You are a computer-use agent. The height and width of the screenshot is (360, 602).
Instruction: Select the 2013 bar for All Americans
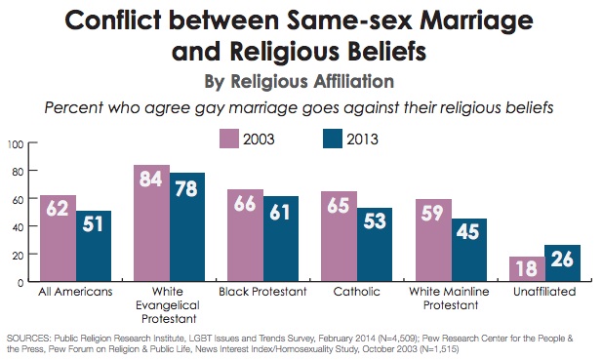[95, 246]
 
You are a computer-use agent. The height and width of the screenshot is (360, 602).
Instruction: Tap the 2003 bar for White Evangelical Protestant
[152, 223]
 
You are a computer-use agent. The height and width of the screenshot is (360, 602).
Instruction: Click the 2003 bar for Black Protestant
[246, 235]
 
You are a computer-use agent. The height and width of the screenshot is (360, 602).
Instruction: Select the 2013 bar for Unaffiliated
[563, 263]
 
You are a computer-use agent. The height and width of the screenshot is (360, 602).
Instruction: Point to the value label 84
[152, 180]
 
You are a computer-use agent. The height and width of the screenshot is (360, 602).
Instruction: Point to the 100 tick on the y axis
[16, 144]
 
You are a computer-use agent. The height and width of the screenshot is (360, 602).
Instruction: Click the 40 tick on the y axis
[18, 227]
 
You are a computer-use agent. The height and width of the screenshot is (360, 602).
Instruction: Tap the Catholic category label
[357, 292]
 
